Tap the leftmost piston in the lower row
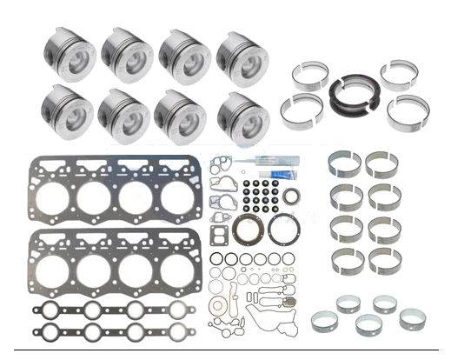point(67,112)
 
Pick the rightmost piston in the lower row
point(242,116)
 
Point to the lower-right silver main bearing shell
point(408,111)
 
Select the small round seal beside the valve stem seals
point(292,196)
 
